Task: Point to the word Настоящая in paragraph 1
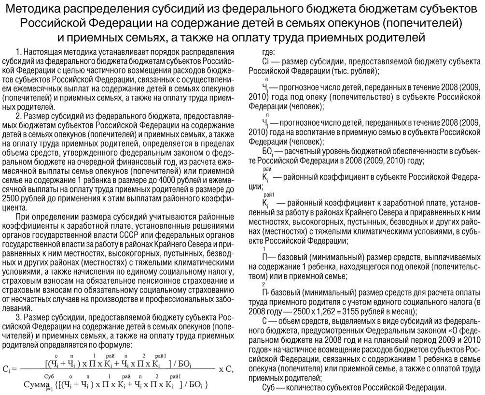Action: click(x=49, y=51)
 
